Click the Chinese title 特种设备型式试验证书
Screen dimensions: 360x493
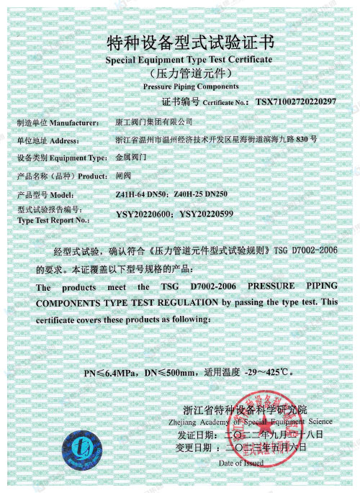pos(179,40)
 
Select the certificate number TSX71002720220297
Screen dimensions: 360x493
pos(296,101)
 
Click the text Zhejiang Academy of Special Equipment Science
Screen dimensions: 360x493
pos(256,421)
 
